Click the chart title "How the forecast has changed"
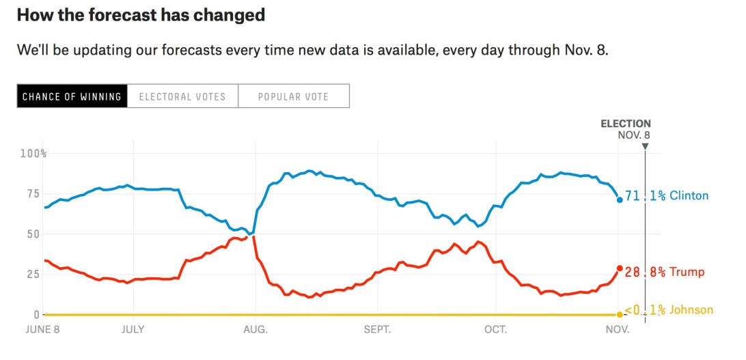pyautogui.click(x=141, y=15)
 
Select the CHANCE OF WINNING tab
pyautogui.click(x=72, y=96)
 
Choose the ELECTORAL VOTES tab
pyautogui.click(x=182, y=96)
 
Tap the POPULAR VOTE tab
pyautogui.click(x=293, y=96)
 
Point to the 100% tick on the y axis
pyautogui.click(x=33, y=154)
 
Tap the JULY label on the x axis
pyautogui.click(x=134, y=330)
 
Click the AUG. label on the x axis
pyautogui.click(x=256, y=330)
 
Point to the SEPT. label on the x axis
pyautogui.click(x=378, y=330)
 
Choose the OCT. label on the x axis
pyautogui.click(x=495, y=330)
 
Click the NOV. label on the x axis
pyautogui.click(x=618, y=330)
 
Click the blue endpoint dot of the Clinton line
pyautogui.click(x=620, y=199)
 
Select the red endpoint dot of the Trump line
pyautogui.click(x=620, y=268)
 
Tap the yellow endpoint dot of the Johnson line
pyautogui.click(x=620, y=314)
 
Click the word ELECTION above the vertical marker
pyautogui.click(x=625, y=124)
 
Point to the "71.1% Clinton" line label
pyautogui.click(x=666, y=196)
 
